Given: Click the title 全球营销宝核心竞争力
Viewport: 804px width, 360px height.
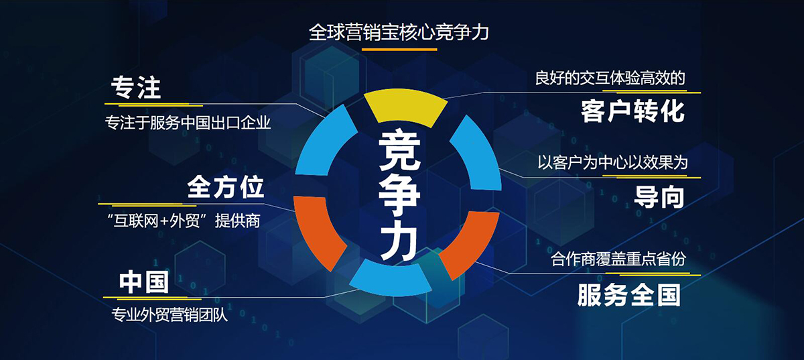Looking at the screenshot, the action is pyautogui.click(x=399, y=32).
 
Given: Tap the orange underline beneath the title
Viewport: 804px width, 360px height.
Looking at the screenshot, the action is pyautogui.click(x=399, y=50).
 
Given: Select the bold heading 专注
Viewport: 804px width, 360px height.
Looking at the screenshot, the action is pyautogui.click(x=135, y=87).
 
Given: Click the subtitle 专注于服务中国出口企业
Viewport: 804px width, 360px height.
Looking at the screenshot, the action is pyautogui.click(x=188, y=123).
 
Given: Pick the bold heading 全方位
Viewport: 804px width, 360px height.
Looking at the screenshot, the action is pyautogui.click(x=225, y=187).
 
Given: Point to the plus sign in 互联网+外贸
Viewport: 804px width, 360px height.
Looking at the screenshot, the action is pyautogui.click(x=164, y=221).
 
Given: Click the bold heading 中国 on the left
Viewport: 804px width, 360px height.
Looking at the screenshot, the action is pyautogui.click(x=144, y=282).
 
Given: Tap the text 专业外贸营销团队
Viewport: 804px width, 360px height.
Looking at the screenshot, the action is pyautogui.click(x=170, y=314).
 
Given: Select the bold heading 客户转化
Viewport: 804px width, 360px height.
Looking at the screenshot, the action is pyautogui.click(x=632, y=111).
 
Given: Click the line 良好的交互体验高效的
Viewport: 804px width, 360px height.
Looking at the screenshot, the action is pyautogui.click(x=610, y=78).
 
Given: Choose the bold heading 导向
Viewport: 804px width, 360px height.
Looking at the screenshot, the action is pyautogui.click(x=659, y=196).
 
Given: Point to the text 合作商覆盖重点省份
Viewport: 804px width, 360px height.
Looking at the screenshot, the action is pyautogui.click(x=618, y=259).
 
